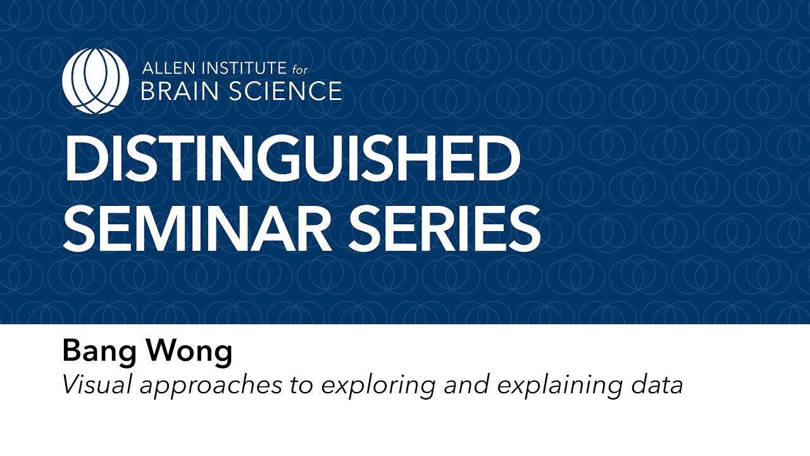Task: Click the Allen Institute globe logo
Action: tap(96, 80)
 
